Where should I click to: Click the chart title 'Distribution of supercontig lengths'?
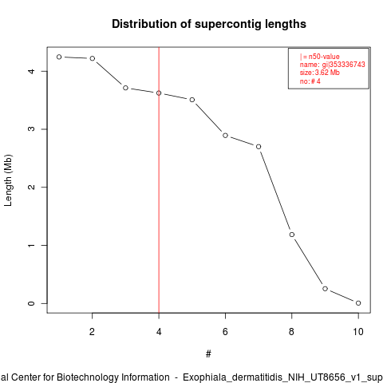tap(209, 24)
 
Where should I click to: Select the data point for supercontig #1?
tap(59, 57)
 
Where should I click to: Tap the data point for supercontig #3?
tap(125, 88)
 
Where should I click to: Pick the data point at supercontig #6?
tap(225, 136)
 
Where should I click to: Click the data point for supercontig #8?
tap(292, 235)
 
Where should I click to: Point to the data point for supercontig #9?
tap(325, 289)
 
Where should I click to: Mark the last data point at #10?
tap(358, 303)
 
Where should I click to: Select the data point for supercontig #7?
tap(259, 147)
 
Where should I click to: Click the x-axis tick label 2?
tap(92, 332)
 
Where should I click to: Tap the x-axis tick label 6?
tap(225, 332)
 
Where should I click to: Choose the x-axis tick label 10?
tap(358, 332)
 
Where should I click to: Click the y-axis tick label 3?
tap(31, 129)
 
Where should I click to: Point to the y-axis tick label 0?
tap(31, 303)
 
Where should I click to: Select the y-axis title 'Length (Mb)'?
tap(8, 180)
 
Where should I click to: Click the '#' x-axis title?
tap(208, 353)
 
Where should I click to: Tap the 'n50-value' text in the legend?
tap(324, 57)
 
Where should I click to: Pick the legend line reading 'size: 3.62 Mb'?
tap(320, 73)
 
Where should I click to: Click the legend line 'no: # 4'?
tap(310, 81)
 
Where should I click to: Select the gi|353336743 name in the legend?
tap(343, 65)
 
